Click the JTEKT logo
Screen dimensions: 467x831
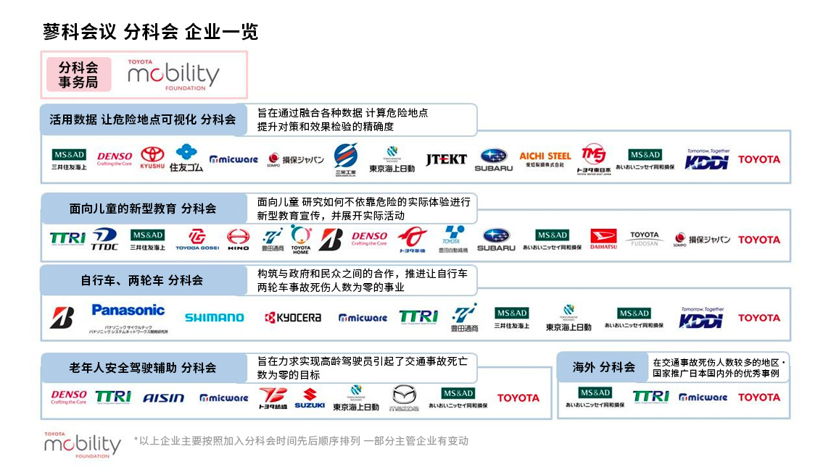click(446, 159)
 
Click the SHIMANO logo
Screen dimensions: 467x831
click(214, 317)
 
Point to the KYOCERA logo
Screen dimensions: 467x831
click(293, 317)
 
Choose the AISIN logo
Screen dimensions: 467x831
click(163, 397)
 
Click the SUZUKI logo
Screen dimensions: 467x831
click(310, 397)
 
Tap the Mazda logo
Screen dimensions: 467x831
click(404, 397)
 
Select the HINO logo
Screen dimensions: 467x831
click(238, 239)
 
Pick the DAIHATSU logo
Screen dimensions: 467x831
click(603, 239)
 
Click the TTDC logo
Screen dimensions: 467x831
click(104, 239)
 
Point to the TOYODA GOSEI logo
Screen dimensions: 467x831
click(197, 239)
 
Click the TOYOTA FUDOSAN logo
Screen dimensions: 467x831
click(644, 239)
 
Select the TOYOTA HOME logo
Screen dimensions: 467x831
click(301, 239)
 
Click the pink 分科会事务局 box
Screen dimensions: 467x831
click(78, 75)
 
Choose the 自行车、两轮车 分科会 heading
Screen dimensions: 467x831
click(142, 280)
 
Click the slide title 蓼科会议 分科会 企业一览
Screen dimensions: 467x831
click(150, 32)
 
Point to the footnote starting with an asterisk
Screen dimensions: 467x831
click(301, 440)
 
